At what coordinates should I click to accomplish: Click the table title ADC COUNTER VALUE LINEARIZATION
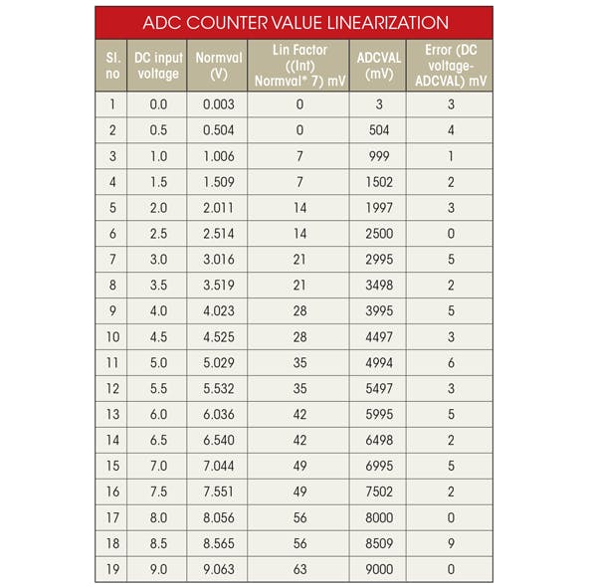tap(296, 22)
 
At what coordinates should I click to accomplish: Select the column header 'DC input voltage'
tap(158, 66)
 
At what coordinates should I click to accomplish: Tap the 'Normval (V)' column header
tap(219, 66)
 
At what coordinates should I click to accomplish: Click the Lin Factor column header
tap(299, 66)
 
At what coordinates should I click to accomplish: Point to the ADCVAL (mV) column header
tap(377, 66)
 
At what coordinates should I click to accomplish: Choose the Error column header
tap(450, 66)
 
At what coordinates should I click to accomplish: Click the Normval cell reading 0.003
tap(219, 103)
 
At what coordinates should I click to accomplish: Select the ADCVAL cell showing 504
tap(377, 129)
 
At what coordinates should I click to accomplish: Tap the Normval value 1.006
tap(219, 155)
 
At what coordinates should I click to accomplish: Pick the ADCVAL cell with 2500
tap(377, 233)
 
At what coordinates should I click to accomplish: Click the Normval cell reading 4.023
tap(219, 310)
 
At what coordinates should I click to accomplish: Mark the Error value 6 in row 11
tap(451, 362)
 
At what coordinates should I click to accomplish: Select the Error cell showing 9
tap(451, 543)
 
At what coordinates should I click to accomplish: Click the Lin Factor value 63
tap(299, 569)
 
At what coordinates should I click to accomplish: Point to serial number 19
tap(112, 569)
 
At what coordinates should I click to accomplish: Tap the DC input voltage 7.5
tap(158, 491)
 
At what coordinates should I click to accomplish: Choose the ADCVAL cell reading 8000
tap(377, 517)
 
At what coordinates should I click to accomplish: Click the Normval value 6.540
tap(219, 440)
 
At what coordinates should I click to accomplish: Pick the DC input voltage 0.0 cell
tap(158, 103)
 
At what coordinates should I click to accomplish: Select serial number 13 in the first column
tap(112, 414)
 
